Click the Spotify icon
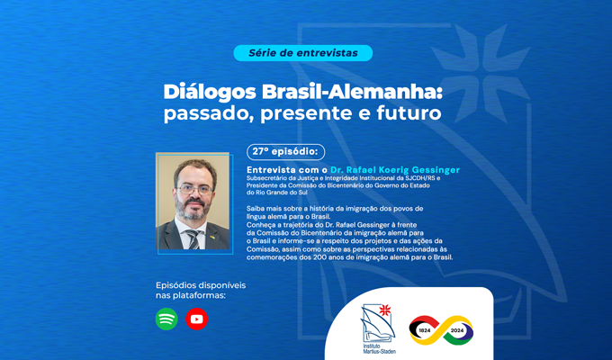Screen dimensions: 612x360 (x=166, y=319)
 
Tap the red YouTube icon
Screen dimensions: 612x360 (x=197, y=319)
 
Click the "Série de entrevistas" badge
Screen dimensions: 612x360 (x=303, y=53)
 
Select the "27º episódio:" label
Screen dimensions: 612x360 (x=285, y=152)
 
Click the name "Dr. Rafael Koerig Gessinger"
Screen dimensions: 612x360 (x=395, y=170)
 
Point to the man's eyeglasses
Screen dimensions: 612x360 (x=194, y=190)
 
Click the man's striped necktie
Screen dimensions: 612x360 (x=193, y=239)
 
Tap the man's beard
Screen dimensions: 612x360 (x=191, y=209)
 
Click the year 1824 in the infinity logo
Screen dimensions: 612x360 (x=425, y=330)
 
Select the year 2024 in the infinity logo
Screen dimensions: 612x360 (x=457, y=330)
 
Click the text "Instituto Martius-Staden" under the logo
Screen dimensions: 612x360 (x=379, y=348)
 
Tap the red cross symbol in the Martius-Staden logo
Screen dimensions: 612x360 (x=385, y=310)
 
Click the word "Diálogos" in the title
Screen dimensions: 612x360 (x=210, y=93)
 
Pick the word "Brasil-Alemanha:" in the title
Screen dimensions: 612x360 (x=352, y=92)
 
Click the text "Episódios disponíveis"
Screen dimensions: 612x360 (x=201, y=285)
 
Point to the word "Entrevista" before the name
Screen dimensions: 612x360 (x=271, y=170)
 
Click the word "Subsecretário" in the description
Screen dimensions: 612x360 (x=265, y=178)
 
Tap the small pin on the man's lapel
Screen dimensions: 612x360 (x=212, y=237)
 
